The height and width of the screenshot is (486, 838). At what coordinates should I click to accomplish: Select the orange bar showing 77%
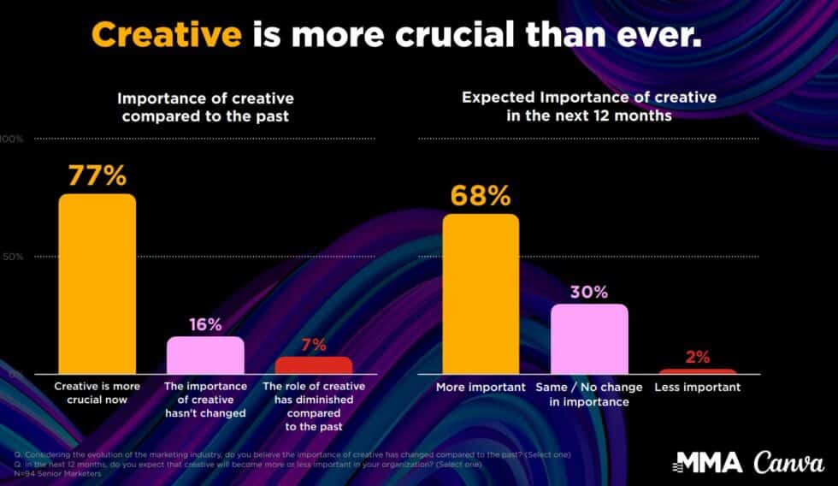97,284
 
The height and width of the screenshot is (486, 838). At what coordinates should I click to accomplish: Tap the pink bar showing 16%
205,355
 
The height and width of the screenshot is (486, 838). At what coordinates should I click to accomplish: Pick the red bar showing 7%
313,365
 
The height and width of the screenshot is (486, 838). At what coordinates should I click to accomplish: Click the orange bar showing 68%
481,294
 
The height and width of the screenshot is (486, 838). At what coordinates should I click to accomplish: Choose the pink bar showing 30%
589,339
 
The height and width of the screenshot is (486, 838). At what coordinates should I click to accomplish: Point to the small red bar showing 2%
697,371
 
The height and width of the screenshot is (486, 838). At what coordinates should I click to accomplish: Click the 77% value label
97,176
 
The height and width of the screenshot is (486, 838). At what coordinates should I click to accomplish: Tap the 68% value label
481,196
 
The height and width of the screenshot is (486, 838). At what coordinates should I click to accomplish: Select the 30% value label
589,292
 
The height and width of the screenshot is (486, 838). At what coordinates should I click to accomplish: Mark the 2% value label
698,358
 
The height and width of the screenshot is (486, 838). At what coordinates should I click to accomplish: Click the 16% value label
205,324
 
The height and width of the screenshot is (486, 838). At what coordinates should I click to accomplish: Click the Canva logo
788,463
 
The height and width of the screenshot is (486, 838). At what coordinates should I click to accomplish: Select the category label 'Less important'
697,388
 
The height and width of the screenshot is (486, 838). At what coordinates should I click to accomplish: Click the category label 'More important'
481,388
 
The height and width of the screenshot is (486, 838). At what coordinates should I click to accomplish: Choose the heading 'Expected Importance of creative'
589,98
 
